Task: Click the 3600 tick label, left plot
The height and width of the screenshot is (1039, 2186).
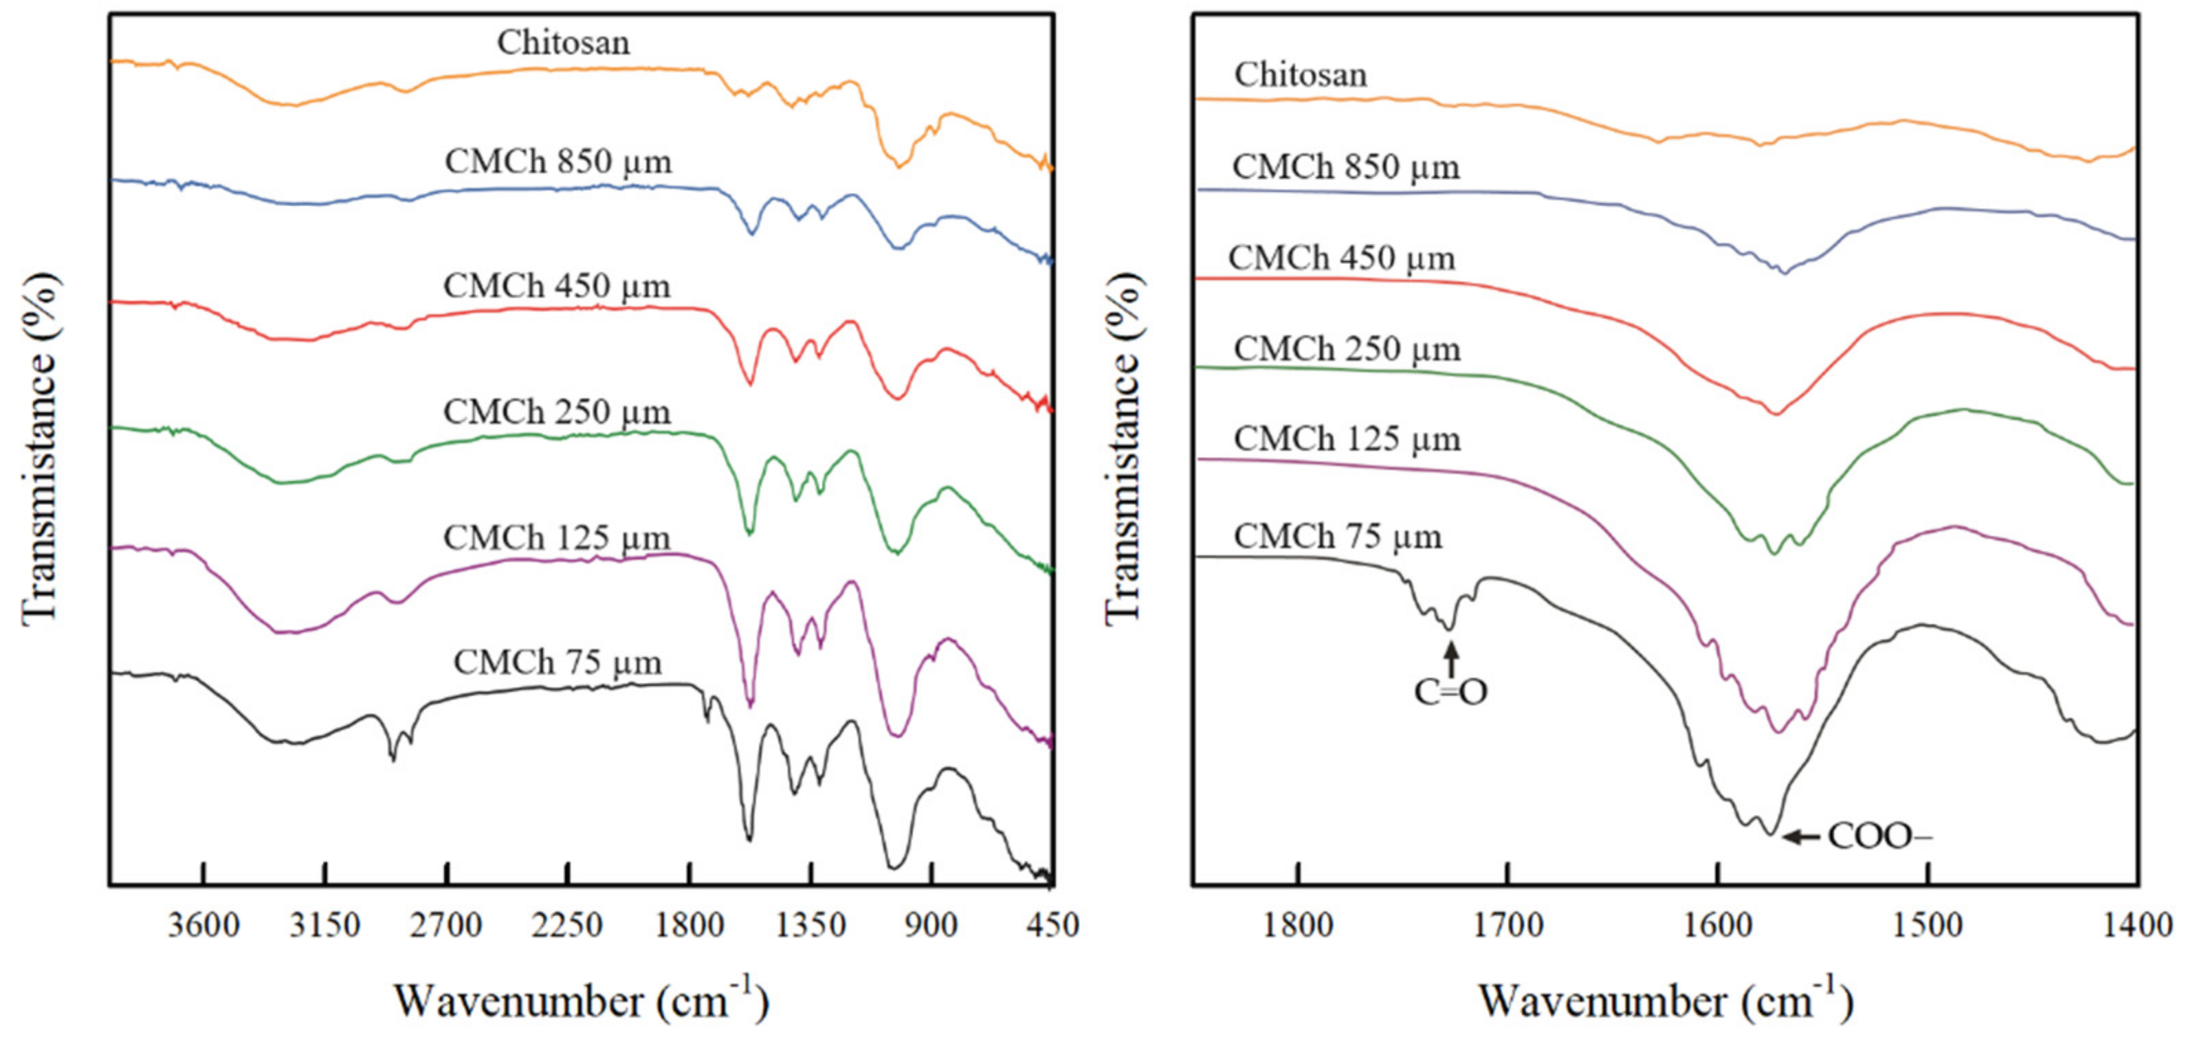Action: click(203, 924)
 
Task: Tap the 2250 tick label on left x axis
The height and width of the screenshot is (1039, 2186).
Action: click(568, 924)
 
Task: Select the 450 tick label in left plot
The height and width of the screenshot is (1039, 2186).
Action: click(1052, 924)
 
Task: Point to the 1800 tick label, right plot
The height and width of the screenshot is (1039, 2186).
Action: click(1298, 924)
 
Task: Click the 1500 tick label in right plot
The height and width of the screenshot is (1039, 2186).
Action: click(1928, 924)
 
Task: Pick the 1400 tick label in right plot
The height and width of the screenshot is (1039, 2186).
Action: click(2137, 924)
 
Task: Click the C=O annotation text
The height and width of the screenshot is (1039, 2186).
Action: click(1450, 692)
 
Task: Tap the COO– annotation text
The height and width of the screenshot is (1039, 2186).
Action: click(1879, 836)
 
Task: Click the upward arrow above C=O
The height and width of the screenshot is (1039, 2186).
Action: click(1451, 658)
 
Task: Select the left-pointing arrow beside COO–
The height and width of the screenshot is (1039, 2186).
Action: click(1801, 837)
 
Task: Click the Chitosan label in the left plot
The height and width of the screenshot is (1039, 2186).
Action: click(564, 43)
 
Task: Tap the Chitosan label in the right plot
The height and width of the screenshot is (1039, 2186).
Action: click(1301, 75)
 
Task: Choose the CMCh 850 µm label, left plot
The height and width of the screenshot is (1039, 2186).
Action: click(557, 161)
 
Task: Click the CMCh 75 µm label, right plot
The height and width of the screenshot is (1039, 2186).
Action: click(1338, 537)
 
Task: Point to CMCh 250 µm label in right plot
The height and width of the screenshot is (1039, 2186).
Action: click(1347, 348)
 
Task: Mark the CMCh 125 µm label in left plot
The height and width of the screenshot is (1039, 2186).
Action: click(557, 538)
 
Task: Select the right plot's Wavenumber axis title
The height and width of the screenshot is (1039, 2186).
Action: click(1666, 1001)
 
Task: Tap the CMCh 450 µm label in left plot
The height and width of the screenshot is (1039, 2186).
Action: click(557, 287)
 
